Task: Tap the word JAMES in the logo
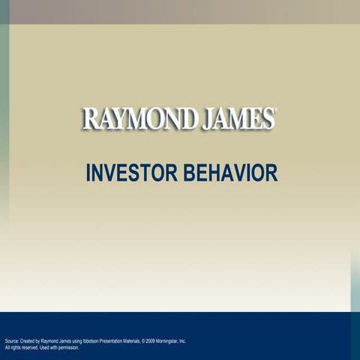coord(236,119)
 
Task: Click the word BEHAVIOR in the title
coord(230,173)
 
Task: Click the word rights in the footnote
coord(14,348)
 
